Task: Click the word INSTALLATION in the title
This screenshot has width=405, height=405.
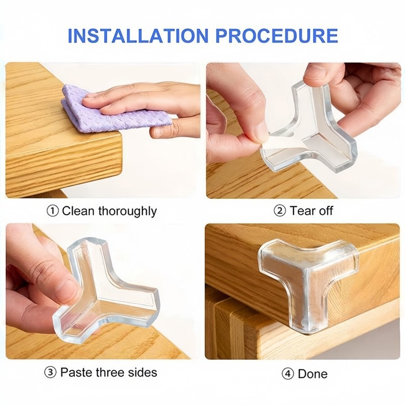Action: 138,35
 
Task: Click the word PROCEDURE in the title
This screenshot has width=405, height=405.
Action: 276,35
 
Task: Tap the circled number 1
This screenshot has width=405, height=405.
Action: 53,211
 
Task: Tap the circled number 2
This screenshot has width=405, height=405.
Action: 280,211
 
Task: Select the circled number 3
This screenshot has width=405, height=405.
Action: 50,373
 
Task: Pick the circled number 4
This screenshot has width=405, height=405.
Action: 288,374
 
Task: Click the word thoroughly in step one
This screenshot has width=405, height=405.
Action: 128,212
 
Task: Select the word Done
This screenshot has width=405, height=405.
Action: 312,374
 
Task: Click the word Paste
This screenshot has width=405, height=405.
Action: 76,373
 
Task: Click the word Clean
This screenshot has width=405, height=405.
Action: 78,211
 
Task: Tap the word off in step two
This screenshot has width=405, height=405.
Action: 326,211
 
